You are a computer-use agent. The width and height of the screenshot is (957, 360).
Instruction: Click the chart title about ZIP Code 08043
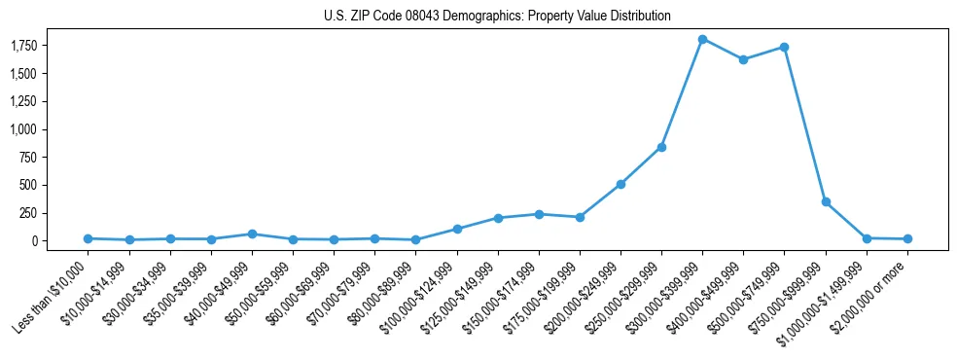pos(497,17)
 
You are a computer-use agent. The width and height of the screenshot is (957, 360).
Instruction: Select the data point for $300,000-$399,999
pos(702,39)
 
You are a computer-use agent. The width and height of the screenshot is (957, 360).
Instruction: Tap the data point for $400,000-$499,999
pos(743,59)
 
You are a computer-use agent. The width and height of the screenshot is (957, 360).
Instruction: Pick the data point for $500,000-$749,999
pos(784,47)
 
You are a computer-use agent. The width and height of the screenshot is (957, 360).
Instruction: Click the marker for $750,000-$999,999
pos(826,201)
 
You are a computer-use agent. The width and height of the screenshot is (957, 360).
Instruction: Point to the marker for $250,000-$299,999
pos(661,147)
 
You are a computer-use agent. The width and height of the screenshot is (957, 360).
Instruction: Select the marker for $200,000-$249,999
pos(620,184)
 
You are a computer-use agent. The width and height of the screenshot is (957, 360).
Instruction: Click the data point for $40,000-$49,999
pos(252,234)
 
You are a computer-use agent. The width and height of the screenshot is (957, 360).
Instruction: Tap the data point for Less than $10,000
pos(88,238)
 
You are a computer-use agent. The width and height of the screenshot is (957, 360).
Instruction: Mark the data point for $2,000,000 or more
pos(907,238)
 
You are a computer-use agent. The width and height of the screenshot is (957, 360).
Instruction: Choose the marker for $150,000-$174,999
pos(539,214)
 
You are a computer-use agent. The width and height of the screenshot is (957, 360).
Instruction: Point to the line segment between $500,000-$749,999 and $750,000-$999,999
pos(805,125)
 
